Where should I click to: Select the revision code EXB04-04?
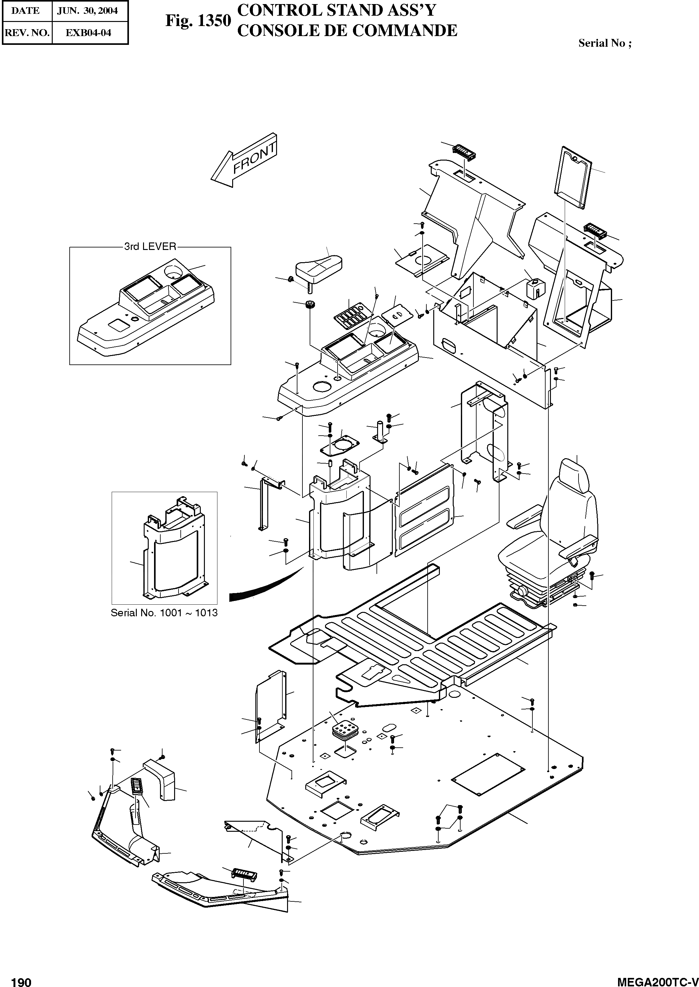click(x=88, y=33)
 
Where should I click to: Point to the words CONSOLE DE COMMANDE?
click(x=347, y=30)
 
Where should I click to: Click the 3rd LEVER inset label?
click(x=150, y=247)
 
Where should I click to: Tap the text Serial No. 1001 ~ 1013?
click(x=164, y=613)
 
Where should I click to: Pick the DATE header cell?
click(x=25, y=11)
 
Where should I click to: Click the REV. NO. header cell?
click(x=27, y=33)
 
